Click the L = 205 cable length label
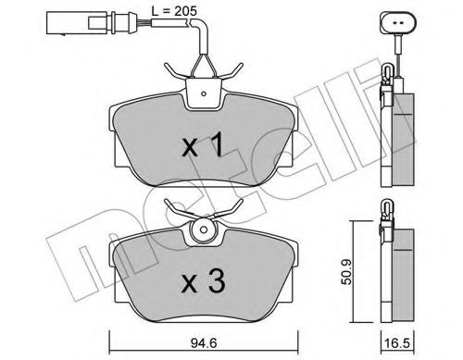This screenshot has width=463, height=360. click(x=174, y=11)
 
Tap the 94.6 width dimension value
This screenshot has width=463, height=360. click(x=204, y=343)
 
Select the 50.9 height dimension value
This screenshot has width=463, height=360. click(x=346, y=272)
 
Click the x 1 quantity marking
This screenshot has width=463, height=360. click(x=203, y=144)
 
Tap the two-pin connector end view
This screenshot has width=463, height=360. click(x=398, y=23)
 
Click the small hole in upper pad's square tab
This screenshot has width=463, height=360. click(x=203, y=93)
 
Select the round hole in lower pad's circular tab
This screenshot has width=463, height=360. click(x=203, y=230)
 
